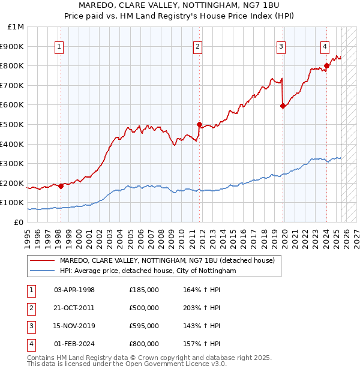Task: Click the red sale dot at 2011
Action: [199, 124]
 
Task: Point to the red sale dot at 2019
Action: [283, 106]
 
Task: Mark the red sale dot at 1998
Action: [61, 186]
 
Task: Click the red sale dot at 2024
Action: [326, 65]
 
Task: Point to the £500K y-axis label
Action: [12, 124]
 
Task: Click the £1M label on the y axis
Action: [16, 27]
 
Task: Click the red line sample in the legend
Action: [43, 260]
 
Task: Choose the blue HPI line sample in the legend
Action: [43, 271]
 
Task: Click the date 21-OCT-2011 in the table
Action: [74, 308]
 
